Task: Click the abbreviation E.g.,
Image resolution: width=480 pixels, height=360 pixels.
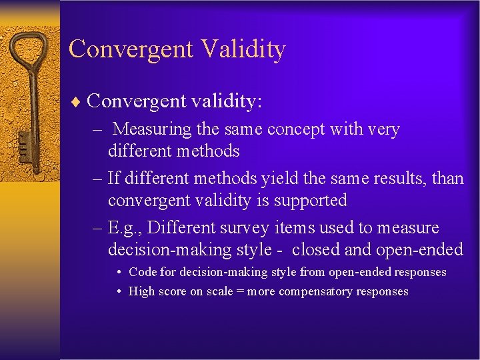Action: click(x=125, y=228)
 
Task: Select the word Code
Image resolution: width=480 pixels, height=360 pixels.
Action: click(x=141, y=272)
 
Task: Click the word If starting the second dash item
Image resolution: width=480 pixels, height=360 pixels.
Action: click(x=115, y=179)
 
